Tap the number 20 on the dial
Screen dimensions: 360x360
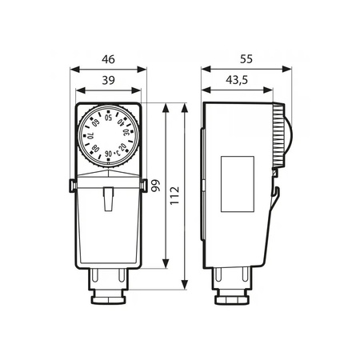(x=122, y=146)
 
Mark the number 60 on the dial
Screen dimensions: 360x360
(x=96, y=124)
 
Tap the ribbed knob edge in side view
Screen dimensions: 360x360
(x=281, y=137)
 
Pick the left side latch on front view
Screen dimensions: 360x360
(x=74, y=186)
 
